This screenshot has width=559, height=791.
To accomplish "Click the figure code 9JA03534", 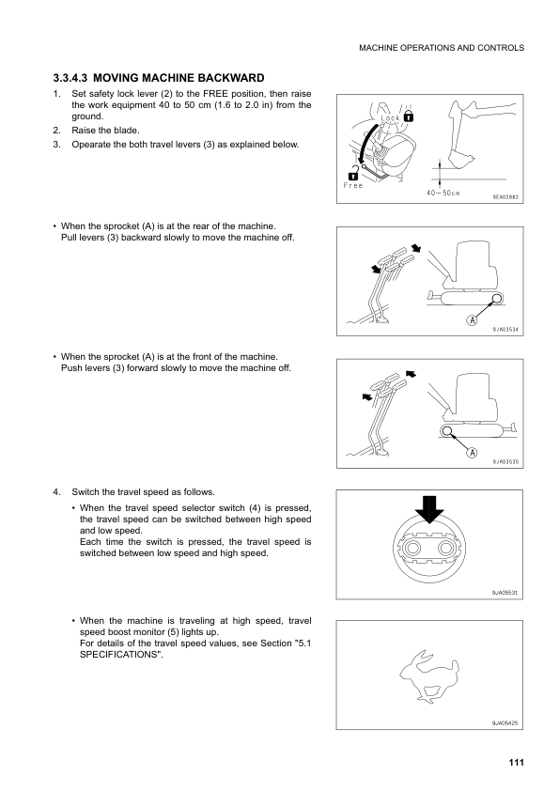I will pos(505,330).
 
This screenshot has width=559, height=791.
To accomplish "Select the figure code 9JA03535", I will pos(505,461).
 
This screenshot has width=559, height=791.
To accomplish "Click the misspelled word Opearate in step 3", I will pos(93,145).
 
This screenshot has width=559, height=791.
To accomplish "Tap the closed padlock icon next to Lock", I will pos(410,116).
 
